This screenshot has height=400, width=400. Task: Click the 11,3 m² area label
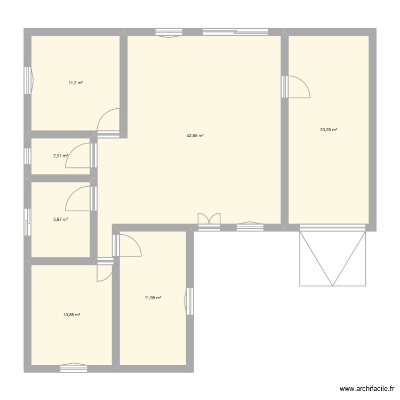pyautogui.click(x=75, y=83)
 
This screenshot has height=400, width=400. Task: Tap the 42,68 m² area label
pyautogui.click(x=195, y=135)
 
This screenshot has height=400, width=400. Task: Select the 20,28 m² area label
pyautogui.click(x=329, y=130)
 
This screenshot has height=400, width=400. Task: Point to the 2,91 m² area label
pyautogui.click(x=60, y=156)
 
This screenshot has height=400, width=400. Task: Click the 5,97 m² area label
pyautogui.click(x=60, y=219)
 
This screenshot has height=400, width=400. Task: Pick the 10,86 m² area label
pyautogui.click(x=71, y=315)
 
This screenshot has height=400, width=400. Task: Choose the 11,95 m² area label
pyautogui.click(x=153, y=298)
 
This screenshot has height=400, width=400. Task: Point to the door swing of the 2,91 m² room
pyautogui.click(x=79, y=156)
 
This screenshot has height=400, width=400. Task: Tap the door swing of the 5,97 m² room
pyautogui.click(x=79, y=197)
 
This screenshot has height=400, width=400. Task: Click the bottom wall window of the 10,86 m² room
pyautogui.click(x=73, y=367)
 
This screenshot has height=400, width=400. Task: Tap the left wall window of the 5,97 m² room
pyautogui.click(x=27, y=221)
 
